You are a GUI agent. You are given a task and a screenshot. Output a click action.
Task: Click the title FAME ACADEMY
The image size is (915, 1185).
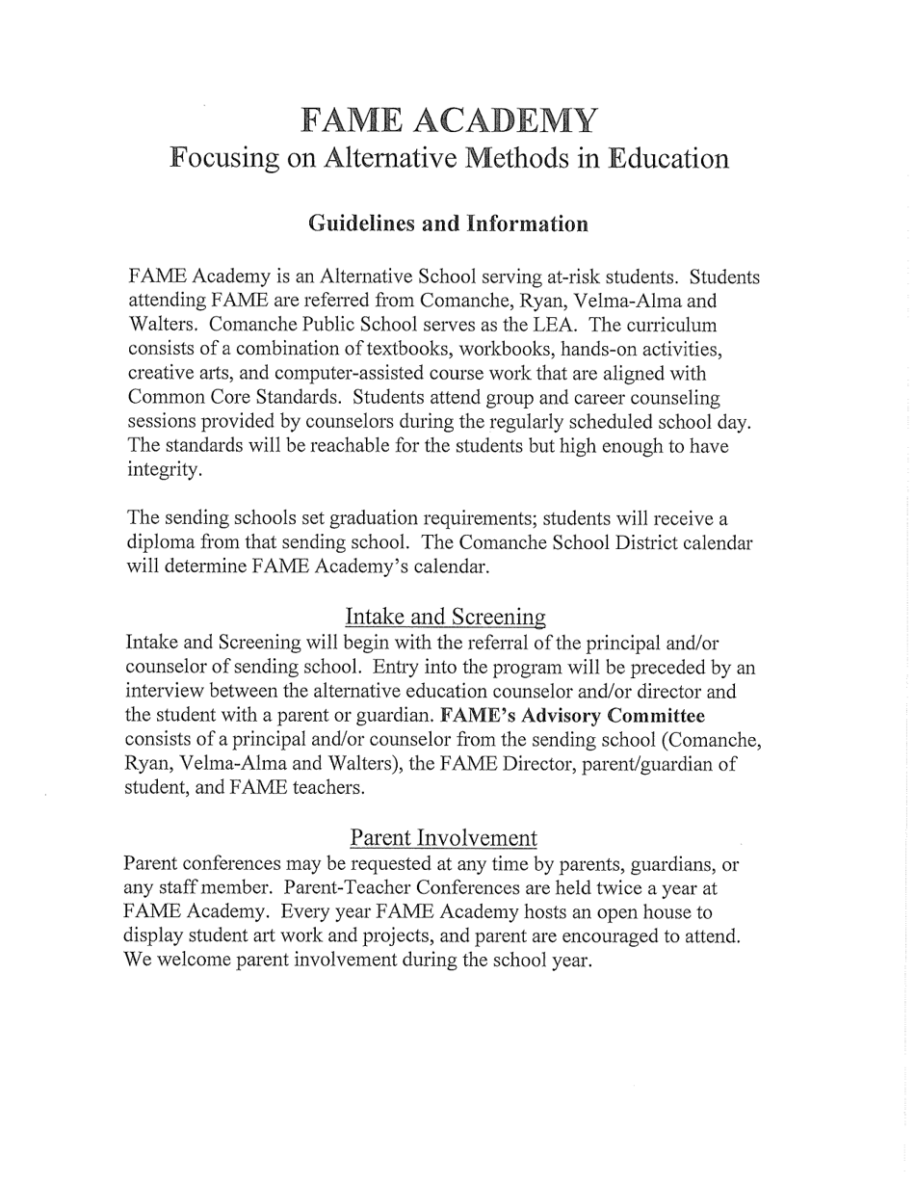point(449,120)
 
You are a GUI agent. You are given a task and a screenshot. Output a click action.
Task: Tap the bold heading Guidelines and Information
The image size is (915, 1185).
point(448,224)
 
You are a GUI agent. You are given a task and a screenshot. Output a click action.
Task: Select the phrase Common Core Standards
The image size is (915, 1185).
point(233,397)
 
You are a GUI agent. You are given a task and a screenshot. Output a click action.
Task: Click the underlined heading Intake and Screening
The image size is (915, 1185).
point(445,616)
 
